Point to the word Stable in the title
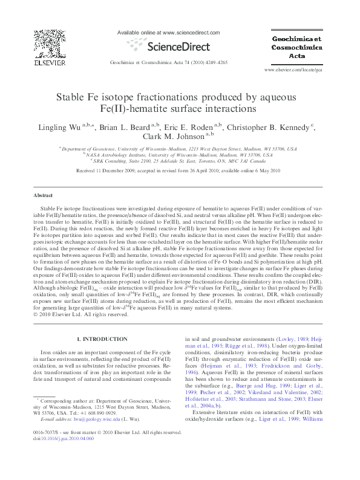76,97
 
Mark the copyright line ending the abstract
79,314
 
